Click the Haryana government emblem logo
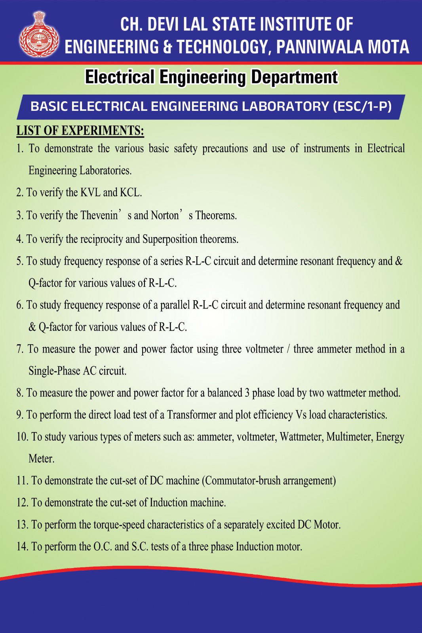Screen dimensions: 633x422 click(x=39, y=35)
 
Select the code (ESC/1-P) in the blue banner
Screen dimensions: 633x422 click(x=362, y=106)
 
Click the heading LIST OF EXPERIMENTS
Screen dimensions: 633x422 click(x=80, y=130)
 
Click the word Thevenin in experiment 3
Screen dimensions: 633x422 click(x=99, y=216)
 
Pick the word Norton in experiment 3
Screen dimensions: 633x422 click(x=165, y=216)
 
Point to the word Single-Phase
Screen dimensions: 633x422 click(x=54, y=371)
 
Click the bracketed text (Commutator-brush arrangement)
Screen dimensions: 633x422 click(x=269, y=481)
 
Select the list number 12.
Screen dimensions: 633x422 click(x=22, y=502)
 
